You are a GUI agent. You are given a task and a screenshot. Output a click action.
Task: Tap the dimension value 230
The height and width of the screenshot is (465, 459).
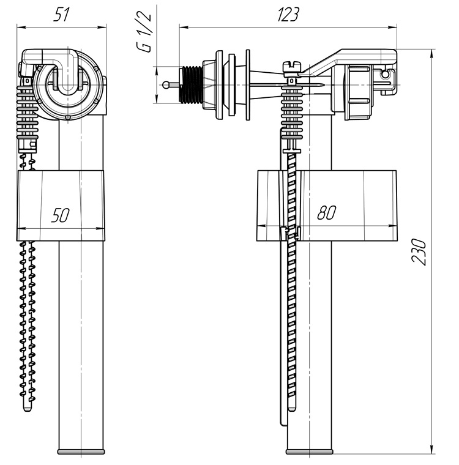(x=419, y=251)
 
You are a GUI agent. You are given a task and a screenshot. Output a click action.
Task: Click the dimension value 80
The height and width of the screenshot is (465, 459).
(x=327, y=214)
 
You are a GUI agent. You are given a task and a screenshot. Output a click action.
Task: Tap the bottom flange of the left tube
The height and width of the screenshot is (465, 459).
(x=80, y=452)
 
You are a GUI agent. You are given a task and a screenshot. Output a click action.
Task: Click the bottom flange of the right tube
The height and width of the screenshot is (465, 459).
(x=310, y=452)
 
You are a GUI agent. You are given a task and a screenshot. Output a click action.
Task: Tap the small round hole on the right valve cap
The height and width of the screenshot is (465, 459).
(x=386, y=75)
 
